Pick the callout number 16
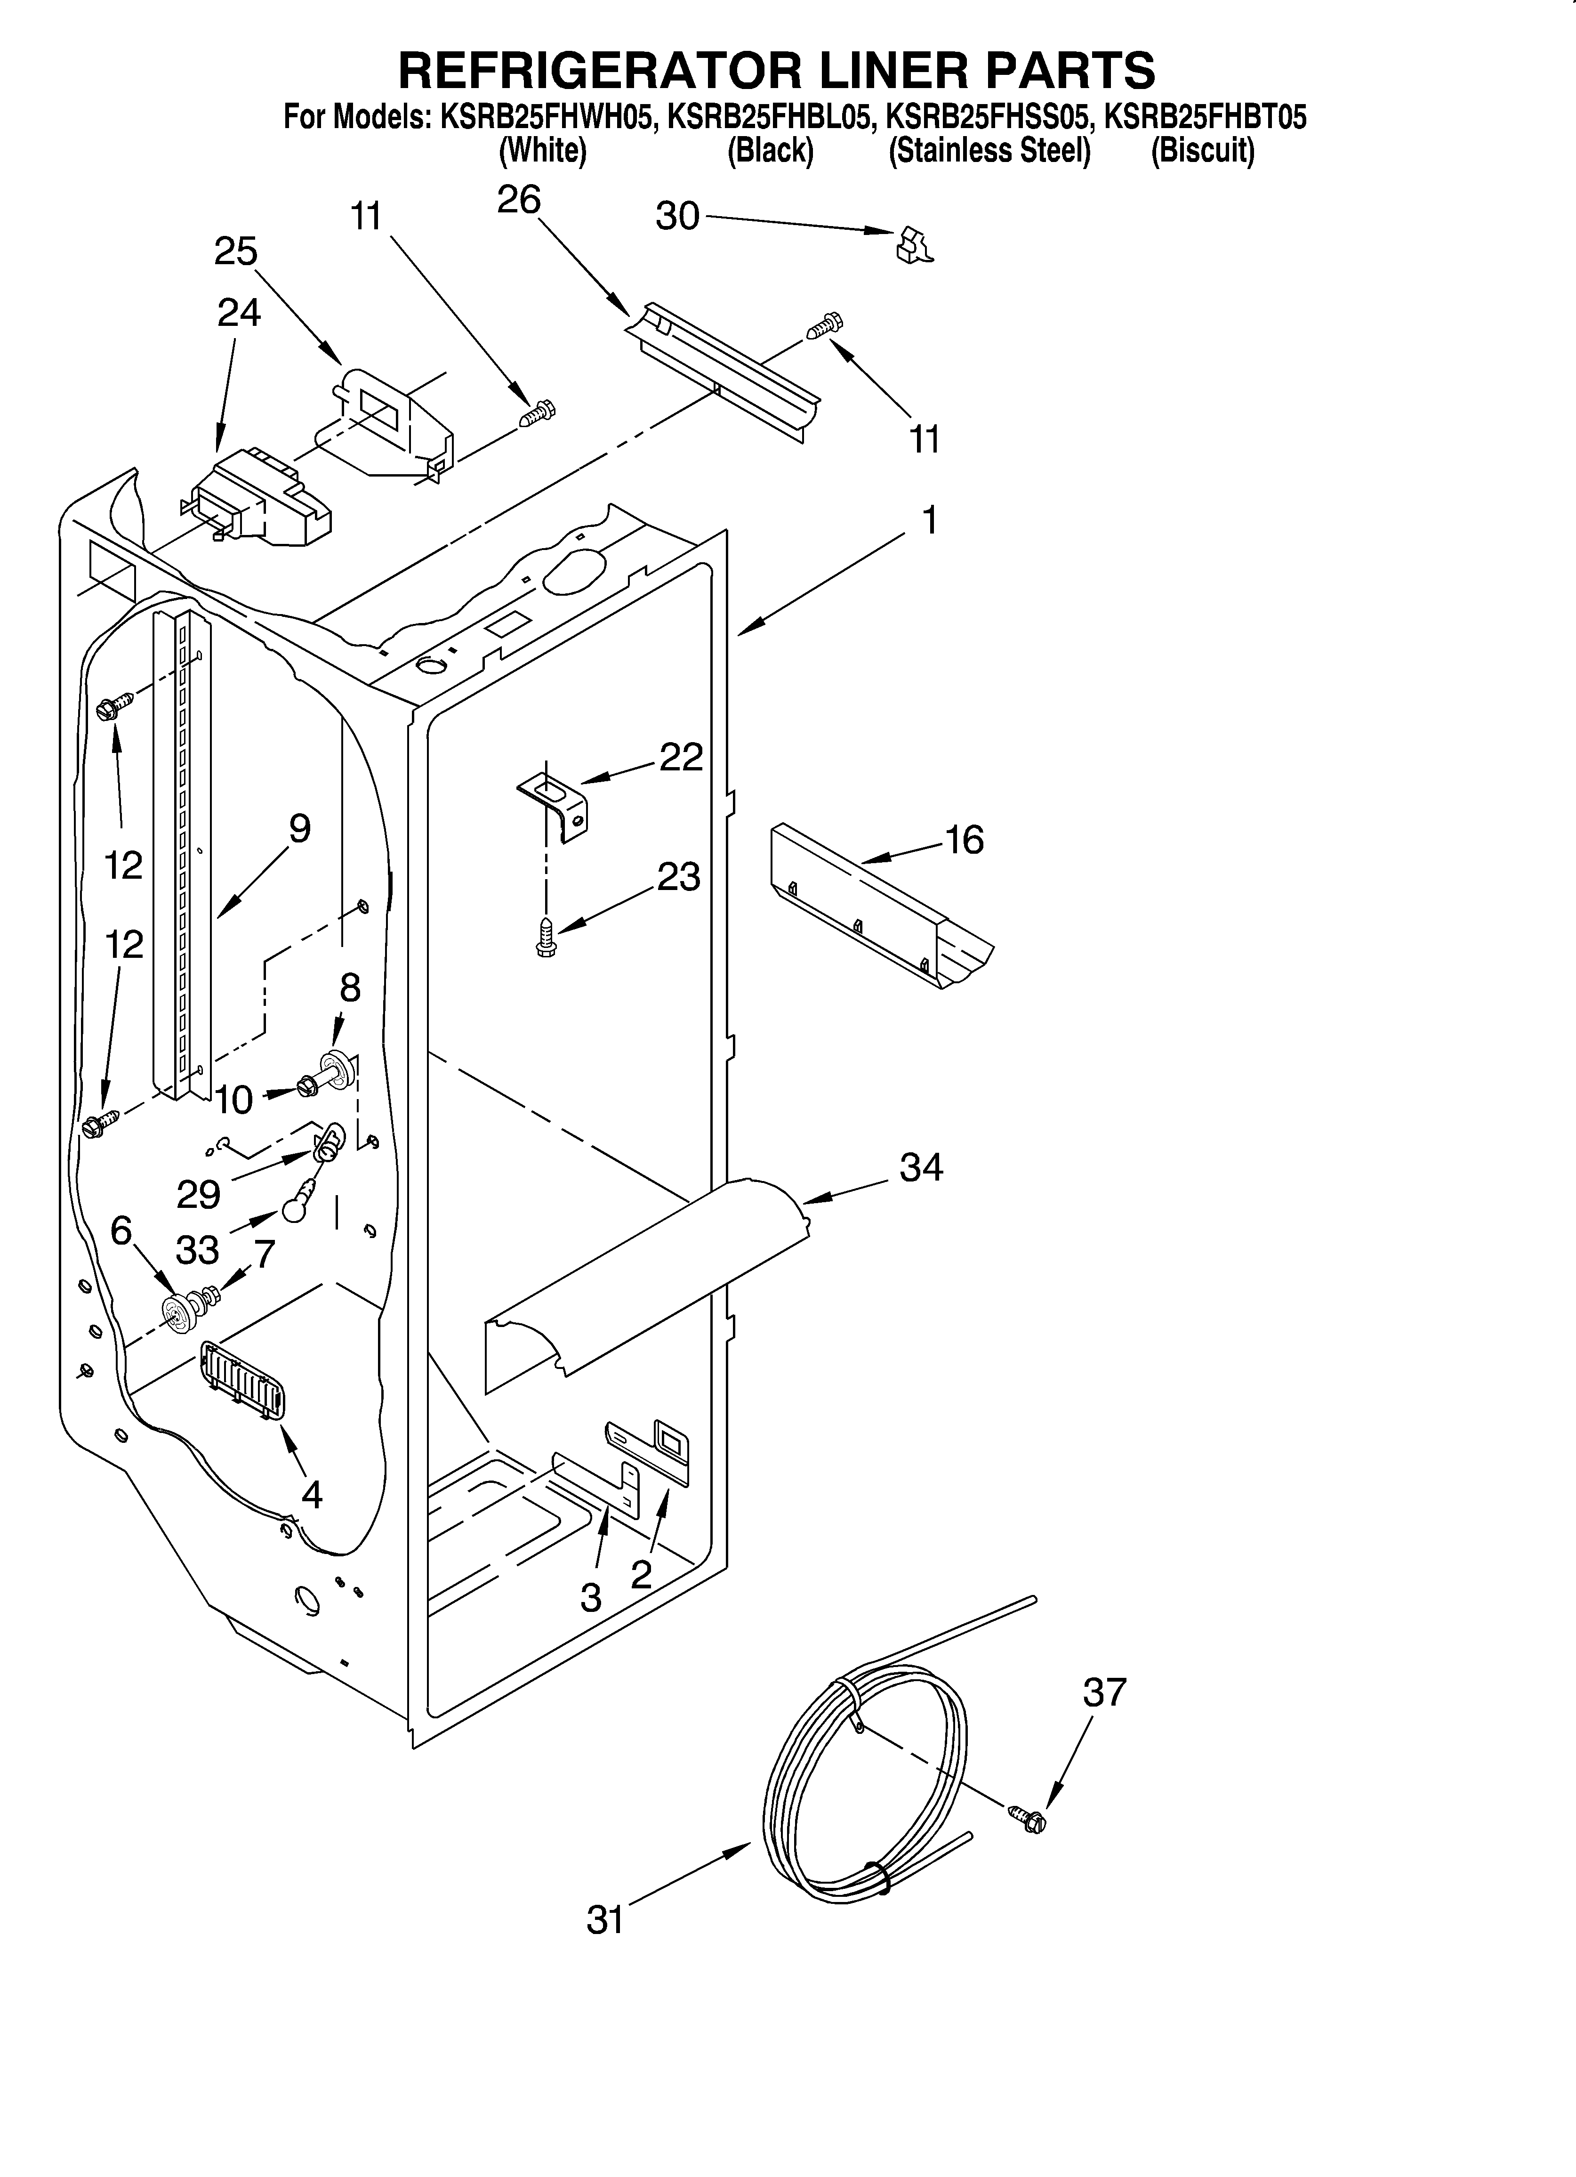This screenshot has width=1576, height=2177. point(965,840)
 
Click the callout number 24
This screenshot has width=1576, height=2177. point(238,313)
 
